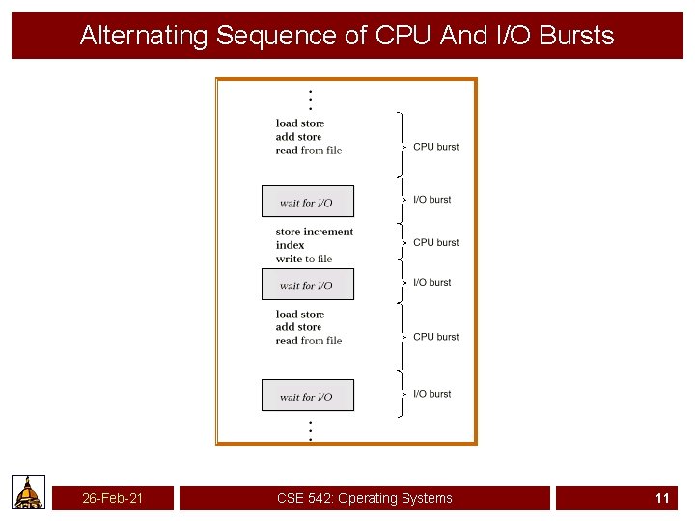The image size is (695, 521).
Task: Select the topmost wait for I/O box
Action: (x=307, y=202)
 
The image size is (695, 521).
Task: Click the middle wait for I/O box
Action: (x=307, y=285)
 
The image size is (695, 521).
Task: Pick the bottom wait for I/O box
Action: (x=307, y=396)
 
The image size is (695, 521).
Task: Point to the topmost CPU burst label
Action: (x=435, y=147)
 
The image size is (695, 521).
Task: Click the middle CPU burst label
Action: (x=435, y=242)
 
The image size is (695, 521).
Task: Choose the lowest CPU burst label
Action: (x=435, y=337)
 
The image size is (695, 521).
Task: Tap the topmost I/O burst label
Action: (x=431, y=200)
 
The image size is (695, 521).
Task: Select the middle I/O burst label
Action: (x=431, y=282)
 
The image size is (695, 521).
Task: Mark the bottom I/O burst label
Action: (x=431, y=394)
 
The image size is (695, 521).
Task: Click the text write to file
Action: (x=303, y=259)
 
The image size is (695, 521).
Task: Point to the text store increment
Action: (x=315, y=232)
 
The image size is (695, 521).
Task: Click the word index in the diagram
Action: (x=290, y=245)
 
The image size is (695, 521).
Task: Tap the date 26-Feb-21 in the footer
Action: (x=113, y=498)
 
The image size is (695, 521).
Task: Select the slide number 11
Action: (x=662, y=498)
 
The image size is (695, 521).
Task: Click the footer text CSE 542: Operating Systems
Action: (x=364, y=498)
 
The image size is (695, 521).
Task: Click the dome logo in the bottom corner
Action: (x=29, y=492)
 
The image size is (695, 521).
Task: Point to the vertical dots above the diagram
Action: (x=309, y=99)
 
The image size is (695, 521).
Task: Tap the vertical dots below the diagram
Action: (x=309, y=430)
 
